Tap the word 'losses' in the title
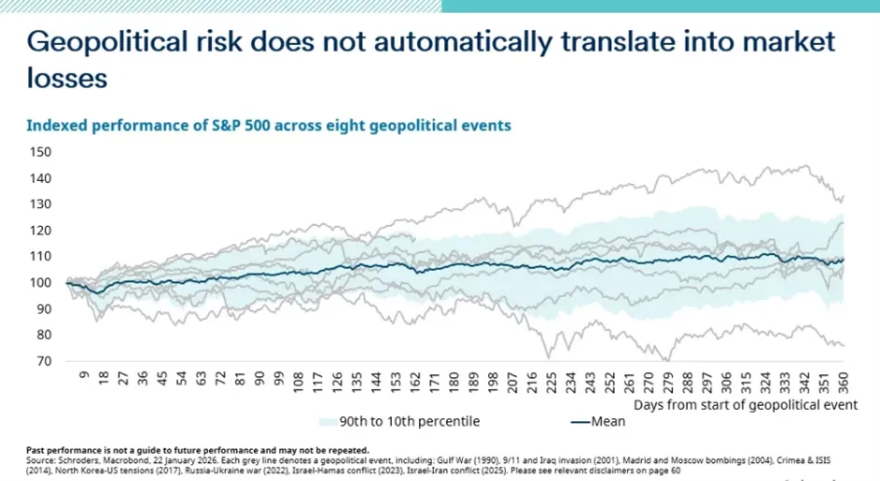point(67,79)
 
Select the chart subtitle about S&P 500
point(268,126)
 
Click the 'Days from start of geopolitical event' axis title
point(745,405)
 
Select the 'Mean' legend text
point(608,421)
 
